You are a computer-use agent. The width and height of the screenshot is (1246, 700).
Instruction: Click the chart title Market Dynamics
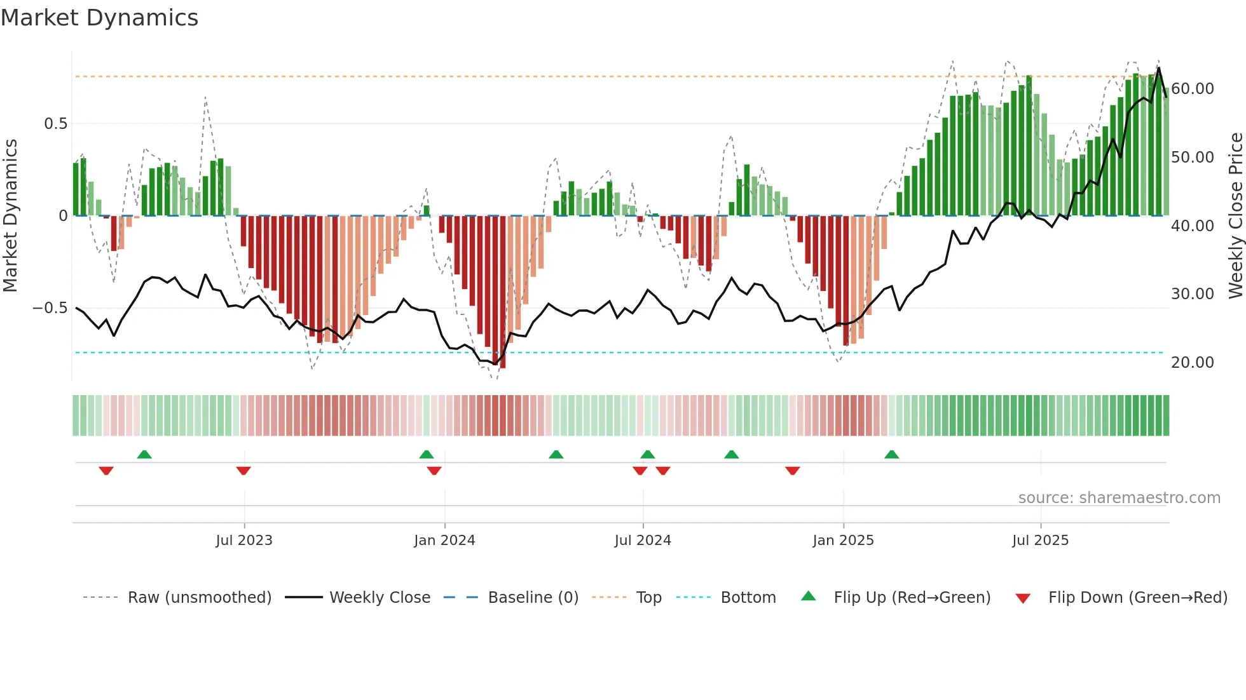click(99, 18)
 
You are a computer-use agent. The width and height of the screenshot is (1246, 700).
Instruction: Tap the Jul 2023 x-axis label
click(244, 541)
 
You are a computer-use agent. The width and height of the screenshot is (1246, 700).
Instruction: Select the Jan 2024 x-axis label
click(444, 541)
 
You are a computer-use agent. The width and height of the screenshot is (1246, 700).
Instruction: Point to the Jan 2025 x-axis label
click(843, 541)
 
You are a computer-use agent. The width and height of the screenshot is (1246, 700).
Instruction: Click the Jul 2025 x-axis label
click(1040, 541)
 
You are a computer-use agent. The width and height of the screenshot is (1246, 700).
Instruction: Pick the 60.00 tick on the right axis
click(1192, 89)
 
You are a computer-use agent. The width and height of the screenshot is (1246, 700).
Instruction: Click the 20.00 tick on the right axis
click(1192, 363)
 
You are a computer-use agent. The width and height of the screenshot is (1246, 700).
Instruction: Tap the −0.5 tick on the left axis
click(50, 308)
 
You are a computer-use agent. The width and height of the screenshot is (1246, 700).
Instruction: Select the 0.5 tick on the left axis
click(55, 124)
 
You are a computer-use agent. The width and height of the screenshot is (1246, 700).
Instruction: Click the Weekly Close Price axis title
click(1235, 216)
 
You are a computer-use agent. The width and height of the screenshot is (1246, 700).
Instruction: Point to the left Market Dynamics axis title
click(10, 216)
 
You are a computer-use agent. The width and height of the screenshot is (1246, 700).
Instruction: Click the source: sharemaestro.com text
click(1119, 498)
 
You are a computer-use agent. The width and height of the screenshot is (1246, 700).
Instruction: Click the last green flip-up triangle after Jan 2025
click(891, 454)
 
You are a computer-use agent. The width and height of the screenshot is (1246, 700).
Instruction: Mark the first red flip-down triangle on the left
click(106, 471)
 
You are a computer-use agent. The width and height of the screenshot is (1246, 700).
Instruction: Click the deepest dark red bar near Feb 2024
click(503, 292)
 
